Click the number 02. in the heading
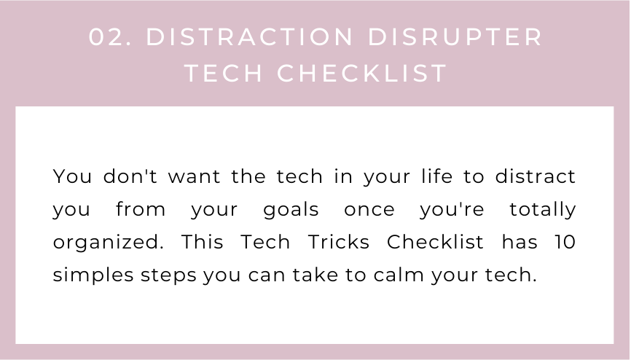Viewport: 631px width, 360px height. (x=110, y=37)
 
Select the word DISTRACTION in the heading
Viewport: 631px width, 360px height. (x=249, y=37)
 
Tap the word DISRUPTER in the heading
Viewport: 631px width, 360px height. (x=455, y=37)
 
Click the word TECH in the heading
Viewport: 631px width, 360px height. (x=224, y=74)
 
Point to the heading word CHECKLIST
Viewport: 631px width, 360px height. (x=362, y=74)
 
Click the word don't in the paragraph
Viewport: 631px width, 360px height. (x=130, y=176)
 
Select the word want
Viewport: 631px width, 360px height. (x=194, y=177)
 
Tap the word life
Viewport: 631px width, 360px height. (x=437, y=176)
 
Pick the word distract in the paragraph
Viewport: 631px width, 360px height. (x=536, y=176)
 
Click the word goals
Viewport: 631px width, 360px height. (x=291, y=210)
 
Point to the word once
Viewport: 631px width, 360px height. (x=369, y=210)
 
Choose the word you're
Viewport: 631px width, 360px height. (x=452, y=210)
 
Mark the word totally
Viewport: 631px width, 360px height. (x=543, y=210)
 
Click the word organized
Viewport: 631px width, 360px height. (x=108, y=243)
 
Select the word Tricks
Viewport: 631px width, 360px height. (x=338, y=242)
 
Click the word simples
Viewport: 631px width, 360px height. (x=93, y=275)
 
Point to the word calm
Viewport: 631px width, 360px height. (x=399, y=275)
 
